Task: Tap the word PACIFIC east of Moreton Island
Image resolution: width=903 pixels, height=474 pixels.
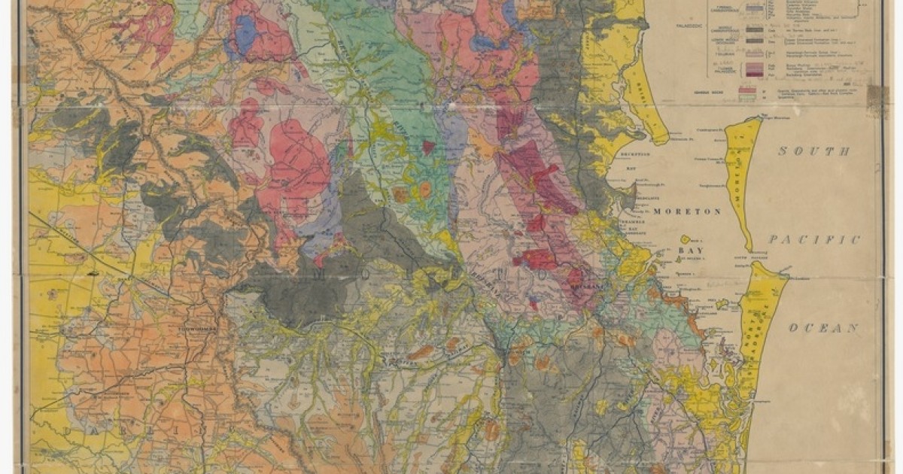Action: pos(813,240)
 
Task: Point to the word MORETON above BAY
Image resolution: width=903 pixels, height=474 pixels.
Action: pos(686,212)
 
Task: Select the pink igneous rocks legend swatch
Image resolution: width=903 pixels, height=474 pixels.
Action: pos(747,91)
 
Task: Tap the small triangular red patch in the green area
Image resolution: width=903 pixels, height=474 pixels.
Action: pos(427,147)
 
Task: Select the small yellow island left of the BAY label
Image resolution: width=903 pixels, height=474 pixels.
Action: pos(686,240)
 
